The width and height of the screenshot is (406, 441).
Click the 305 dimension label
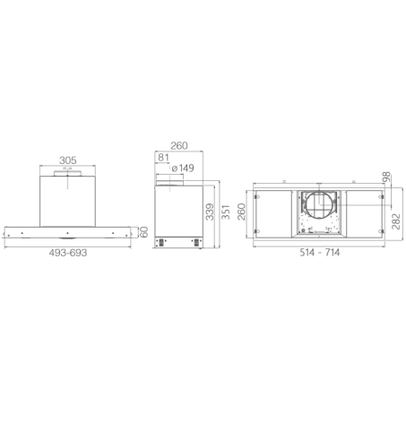[68, 160]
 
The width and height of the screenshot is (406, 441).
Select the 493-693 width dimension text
[68, 253]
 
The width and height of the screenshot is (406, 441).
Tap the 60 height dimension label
[143, 232]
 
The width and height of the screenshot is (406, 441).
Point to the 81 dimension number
[163, 157]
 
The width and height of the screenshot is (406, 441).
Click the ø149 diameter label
[183, 169]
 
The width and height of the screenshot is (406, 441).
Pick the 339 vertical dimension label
[210, 212]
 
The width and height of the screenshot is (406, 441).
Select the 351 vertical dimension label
[226, 212]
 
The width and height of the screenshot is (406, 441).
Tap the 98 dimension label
[386, 177]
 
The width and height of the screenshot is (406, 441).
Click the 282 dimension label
[396, 221]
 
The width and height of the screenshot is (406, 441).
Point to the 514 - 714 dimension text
[320, 253]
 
